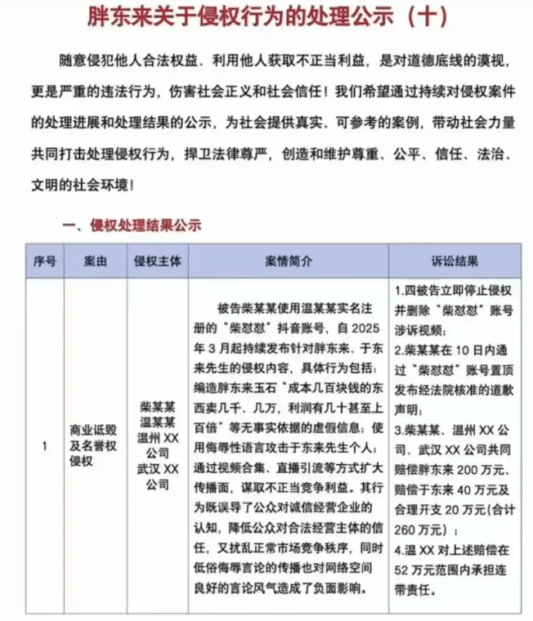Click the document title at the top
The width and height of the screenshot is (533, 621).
266,16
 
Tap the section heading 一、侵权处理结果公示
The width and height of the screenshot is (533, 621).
132,224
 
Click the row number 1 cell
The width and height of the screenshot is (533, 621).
45,445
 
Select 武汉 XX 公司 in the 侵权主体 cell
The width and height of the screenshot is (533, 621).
157,476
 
